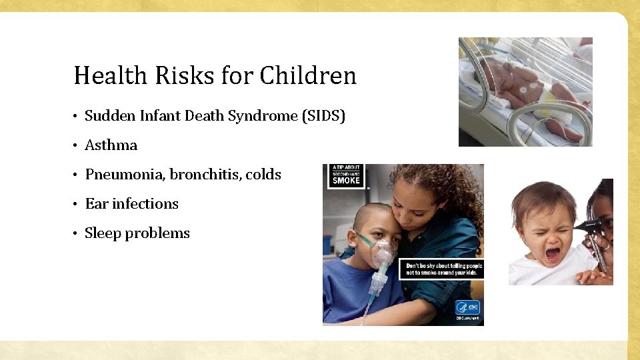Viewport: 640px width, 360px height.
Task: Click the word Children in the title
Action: click(x=308, y=75)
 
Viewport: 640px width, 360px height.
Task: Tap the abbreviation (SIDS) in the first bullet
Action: click(x=324, y=116)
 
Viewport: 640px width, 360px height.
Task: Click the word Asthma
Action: click(x=111, y=145)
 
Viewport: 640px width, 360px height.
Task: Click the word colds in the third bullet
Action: click(x=263, y=175)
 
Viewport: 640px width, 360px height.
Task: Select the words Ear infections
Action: click(x=131, y=204)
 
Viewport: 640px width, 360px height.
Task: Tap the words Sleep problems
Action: click(x=137, y=233)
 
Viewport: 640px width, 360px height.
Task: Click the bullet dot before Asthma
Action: click(x=77, y=146)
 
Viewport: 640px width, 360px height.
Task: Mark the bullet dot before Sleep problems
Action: click(x=77, y=234)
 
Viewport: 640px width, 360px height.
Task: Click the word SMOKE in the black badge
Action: click(x=346, y=180)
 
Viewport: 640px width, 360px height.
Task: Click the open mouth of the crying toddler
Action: click(x=553, y=254)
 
